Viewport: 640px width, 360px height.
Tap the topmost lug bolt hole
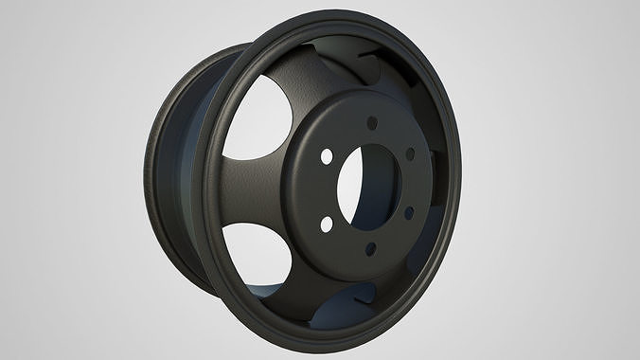click(x=372, y=122)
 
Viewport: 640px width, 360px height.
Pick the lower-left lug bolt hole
click(x=326, y=223)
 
